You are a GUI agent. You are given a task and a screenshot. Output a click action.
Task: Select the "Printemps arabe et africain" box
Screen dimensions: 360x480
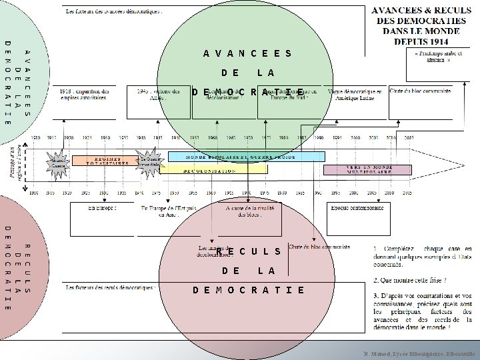click(x=437, y=58)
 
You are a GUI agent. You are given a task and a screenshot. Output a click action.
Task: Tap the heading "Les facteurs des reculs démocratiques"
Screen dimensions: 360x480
click(x=111, y=287)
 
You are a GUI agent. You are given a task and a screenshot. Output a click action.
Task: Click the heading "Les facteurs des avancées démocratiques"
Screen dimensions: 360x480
click(x=114, y=11)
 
